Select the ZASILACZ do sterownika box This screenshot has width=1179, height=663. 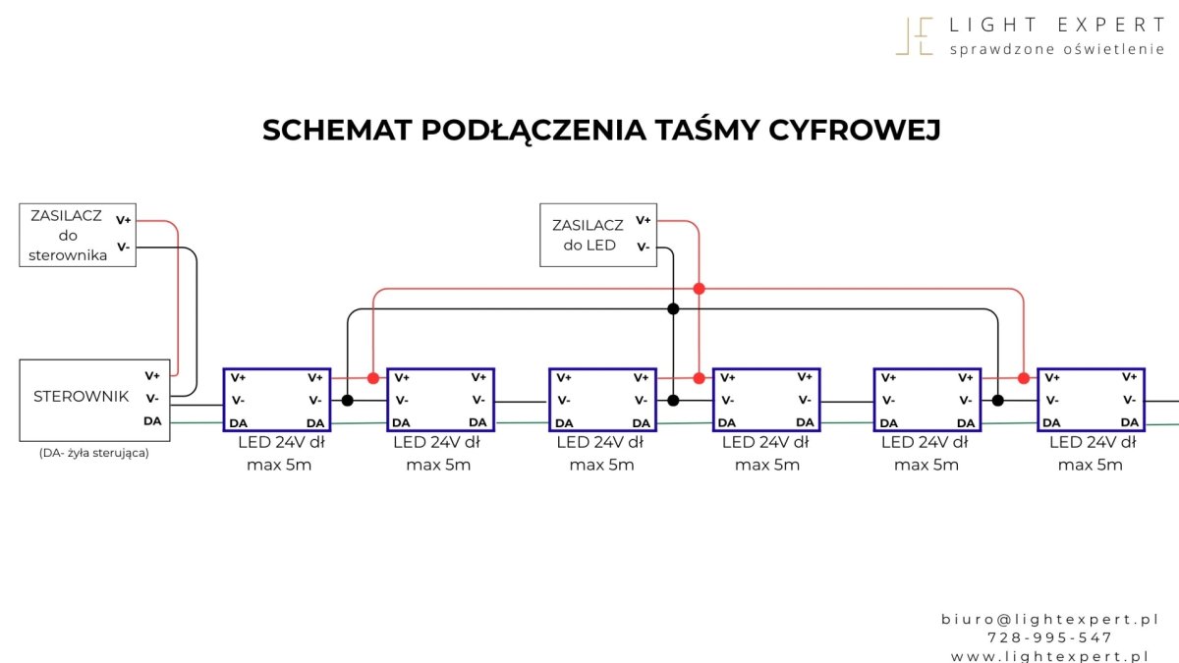[78, 236]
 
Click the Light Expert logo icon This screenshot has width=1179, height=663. [914, 36]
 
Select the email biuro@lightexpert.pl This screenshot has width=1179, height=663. [1049, 619]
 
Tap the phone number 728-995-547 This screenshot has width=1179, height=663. [1049, 637]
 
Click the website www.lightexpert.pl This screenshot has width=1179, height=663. [1049, 656]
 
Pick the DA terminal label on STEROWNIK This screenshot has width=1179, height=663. [152, 421]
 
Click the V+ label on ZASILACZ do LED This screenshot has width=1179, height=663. [643, 220]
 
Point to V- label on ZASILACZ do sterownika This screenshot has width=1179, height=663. [123, 247]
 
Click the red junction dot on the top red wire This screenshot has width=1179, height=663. [699, 289]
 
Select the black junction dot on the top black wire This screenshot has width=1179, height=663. [673, 309]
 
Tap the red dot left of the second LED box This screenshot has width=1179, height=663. [372, 378]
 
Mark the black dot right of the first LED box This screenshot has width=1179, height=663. [347, 401]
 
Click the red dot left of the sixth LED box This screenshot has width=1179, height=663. [1023, 378]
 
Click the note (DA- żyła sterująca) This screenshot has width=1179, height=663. [94, 453]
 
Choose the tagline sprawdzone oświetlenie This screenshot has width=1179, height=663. [1056, 49]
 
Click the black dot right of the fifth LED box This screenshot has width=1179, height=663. [997, 401]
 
